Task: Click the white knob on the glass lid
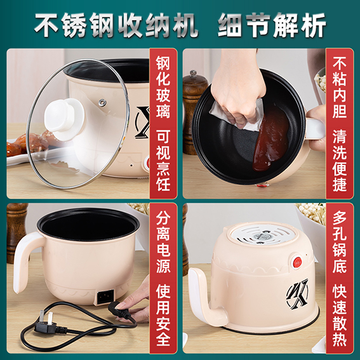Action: coord(65,119)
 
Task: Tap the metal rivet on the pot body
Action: coord(102,102)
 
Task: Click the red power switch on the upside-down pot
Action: coord(298,262)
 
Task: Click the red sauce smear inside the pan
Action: coord(271,138)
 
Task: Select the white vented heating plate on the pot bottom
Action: coord(262,234)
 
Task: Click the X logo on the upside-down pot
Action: coord(298,294)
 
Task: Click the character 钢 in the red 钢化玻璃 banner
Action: coord(163,62)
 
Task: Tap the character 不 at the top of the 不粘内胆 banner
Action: coord(340,62)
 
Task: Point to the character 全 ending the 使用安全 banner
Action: coord(163,338)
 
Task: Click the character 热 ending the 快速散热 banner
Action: coord(340,338)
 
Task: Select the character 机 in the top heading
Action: coord(185,25)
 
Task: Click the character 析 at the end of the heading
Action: coord(314,25)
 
